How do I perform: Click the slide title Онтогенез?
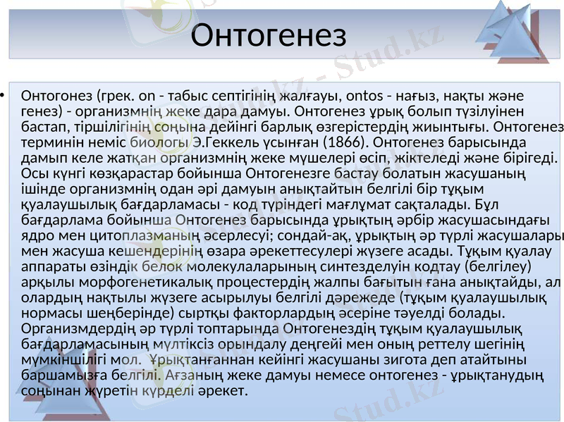pos(269,35)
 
